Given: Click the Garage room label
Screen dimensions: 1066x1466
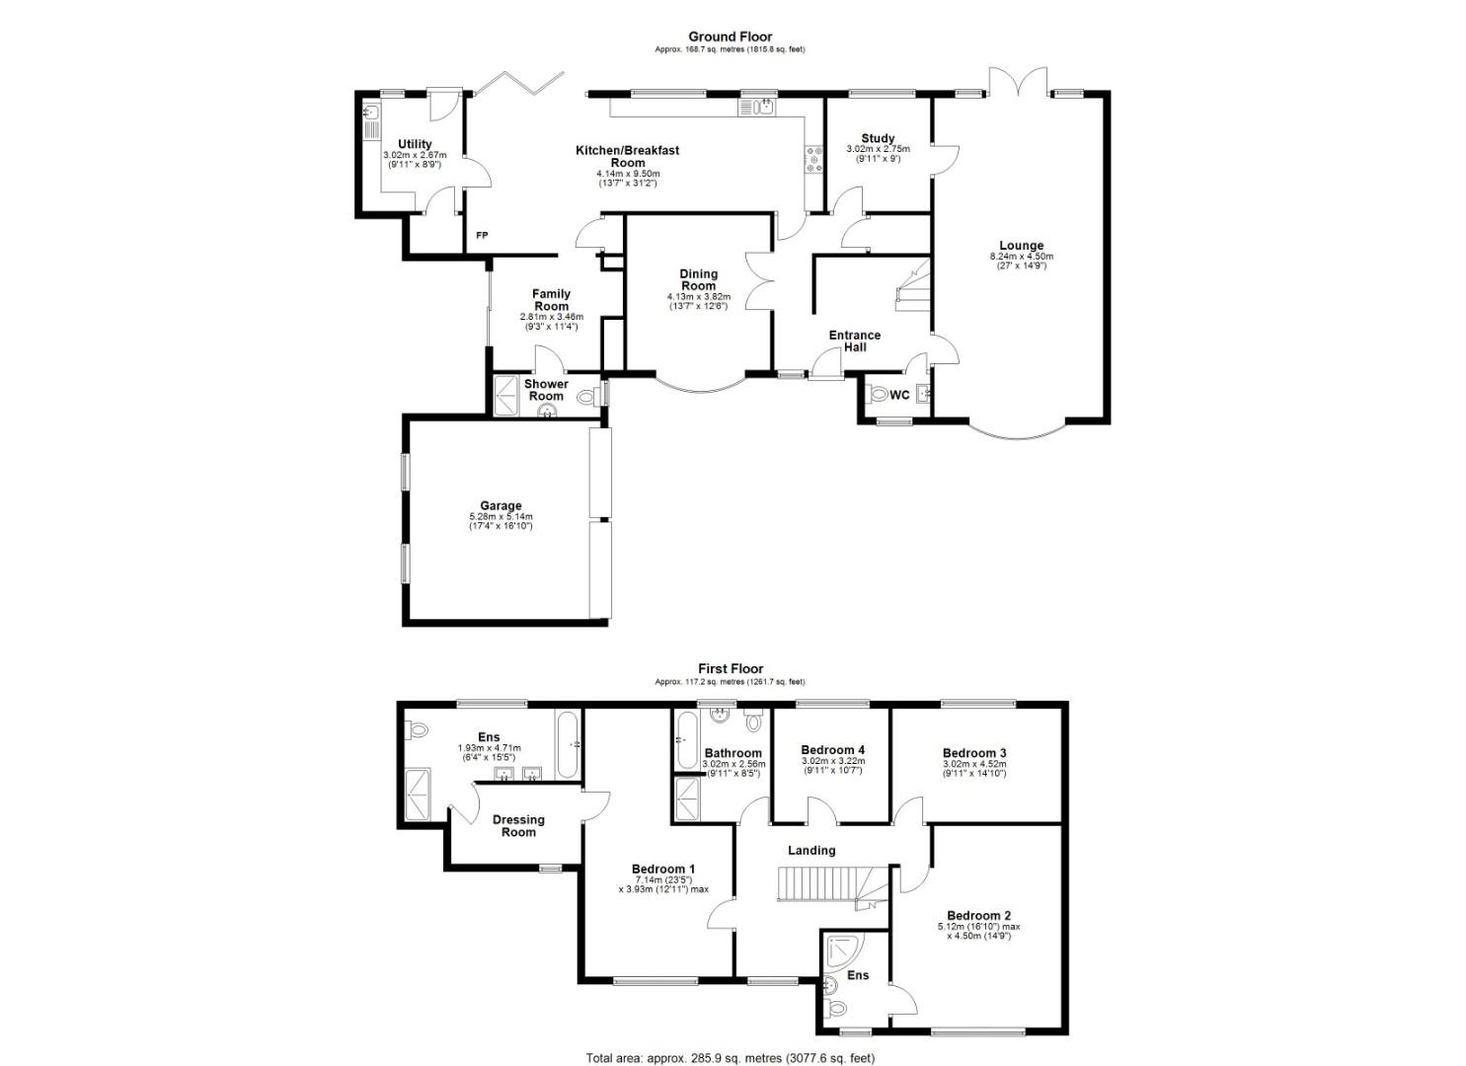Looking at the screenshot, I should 502,506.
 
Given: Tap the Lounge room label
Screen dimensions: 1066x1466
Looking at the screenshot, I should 1021,246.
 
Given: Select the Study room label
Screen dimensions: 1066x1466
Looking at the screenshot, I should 878,138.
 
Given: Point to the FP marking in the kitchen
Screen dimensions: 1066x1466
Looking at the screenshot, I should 482,235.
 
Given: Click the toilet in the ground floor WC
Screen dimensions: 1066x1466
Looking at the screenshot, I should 877,396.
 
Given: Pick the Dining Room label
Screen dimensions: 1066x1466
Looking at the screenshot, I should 699,279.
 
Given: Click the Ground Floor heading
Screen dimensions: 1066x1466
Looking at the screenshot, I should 731,37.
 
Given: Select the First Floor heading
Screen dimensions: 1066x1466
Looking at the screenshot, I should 731,668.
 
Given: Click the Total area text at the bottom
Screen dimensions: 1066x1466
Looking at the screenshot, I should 731,1058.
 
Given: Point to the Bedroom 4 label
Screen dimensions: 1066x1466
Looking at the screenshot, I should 832,749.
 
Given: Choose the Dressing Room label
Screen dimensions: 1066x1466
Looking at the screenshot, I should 518,825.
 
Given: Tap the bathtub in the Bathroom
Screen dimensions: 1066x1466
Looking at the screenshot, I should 684,741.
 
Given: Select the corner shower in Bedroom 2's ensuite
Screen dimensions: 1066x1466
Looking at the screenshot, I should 841,949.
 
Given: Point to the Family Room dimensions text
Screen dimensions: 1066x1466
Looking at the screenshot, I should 551,321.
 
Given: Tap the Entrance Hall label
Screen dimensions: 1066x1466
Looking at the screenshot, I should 854,341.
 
